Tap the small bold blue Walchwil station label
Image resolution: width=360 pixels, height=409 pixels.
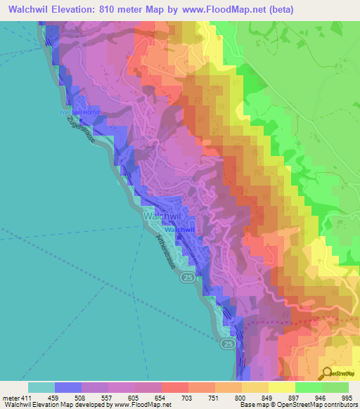[180, 230]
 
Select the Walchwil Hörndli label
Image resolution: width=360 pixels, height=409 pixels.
[82, 112]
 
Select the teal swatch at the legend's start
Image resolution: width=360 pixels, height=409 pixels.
[41, 387]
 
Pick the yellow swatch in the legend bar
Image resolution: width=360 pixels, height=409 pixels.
[282, 387]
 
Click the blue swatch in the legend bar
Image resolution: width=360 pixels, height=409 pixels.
[68, 387]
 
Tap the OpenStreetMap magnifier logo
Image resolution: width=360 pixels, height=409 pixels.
[326, 373]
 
